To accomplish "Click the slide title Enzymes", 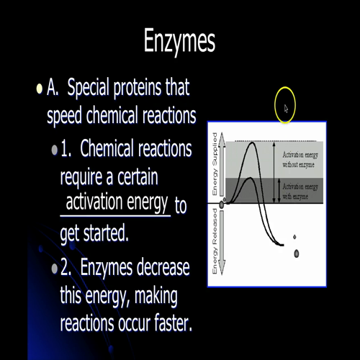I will click(179, 40).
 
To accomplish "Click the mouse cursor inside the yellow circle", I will click(285, 109).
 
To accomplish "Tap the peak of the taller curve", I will click(251, 144).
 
